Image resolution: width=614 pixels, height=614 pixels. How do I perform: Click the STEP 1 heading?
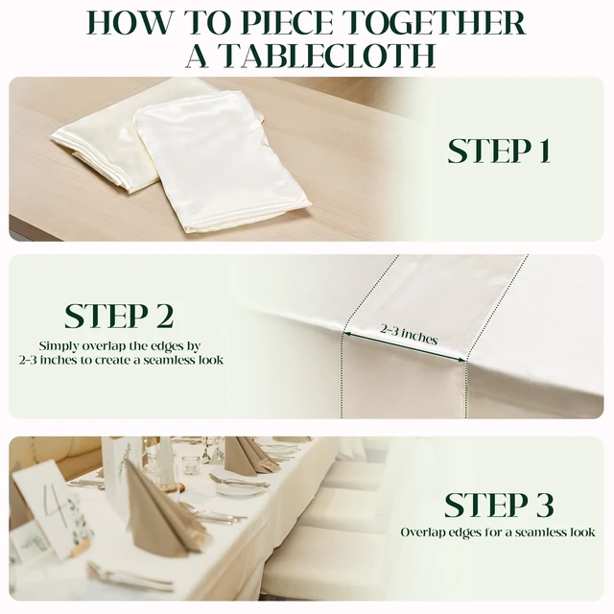[499, 151]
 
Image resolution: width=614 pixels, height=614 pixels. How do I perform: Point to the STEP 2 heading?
[119, 316]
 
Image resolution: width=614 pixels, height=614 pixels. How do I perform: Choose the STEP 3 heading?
[499, 505]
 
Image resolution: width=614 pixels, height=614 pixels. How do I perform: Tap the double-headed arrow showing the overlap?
[405, 347]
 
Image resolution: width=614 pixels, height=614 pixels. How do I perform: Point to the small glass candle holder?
[191, 464]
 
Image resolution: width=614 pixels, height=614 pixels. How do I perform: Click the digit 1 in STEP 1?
[544, 151]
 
